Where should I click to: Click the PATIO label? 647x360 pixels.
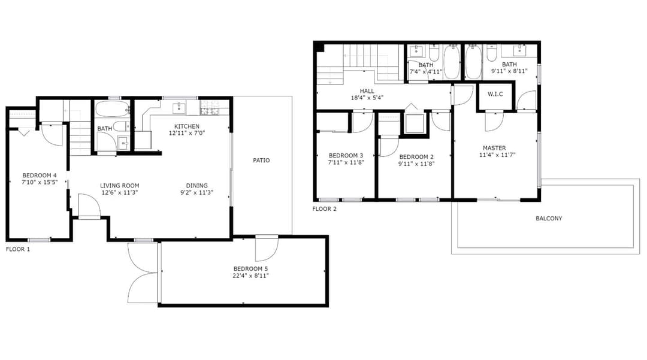[261, 161]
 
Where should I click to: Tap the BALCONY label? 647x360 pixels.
[549, 219]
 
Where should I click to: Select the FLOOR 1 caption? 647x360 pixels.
[18, 250]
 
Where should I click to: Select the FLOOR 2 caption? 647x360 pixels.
[324, 209]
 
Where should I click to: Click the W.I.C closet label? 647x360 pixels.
[495, 94]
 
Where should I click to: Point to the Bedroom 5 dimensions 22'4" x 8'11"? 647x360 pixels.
[250, 276]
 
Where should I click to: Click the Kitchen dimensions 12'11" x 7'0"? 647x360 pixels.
[187, 133]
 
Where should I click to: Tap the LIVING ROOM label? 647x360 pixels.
[120, 186]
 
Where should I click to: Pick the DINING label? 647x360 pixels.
[197, 186]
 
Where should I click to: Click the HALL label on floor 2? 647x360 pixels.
[367, 91]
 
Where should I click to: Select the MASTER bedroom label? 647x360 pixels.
[494, 148]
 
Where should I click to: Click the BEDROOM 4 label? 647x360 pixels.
[40, 176]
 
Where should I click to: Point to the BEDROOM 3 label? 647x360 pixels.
[346, 156]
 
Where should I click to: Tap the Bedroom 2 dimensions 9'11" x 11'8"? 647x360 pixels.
[416, 164]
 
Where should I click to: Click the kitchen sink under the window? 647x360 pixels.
[179, 108]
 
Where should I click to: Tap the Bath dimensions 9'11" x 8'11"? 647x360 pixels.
[509, 71]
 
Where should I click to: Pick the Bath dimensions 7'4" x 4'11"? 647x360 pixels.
[425, 72]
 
